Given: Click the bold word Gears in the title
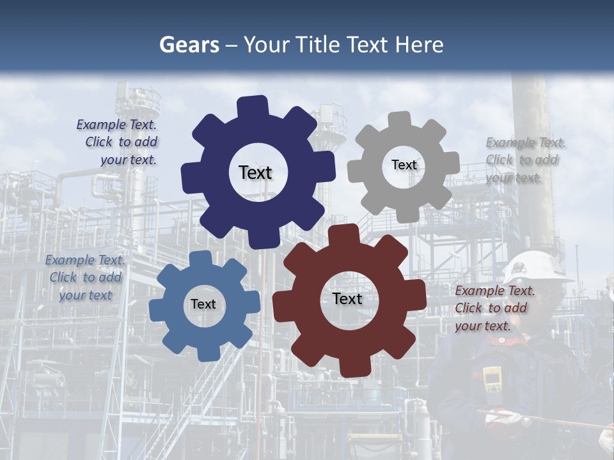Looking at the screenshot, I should pos(189,45).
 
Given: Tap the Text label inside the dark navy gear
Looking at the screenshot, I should pos(255,172).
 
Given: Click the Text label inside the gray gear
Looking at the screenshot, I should pos(404,165).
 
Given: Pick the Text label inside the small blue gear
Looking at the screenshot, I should pos(203,304).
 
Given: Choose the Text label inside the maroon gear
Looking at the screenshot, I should pos(347,299).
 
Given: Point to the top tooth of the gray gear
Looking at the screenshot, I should pos(400,120).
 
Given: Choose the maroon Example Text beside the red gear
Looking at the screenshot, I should pos(494,308).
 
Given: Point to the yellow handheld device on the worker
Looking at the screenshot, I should pos(492,381).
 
